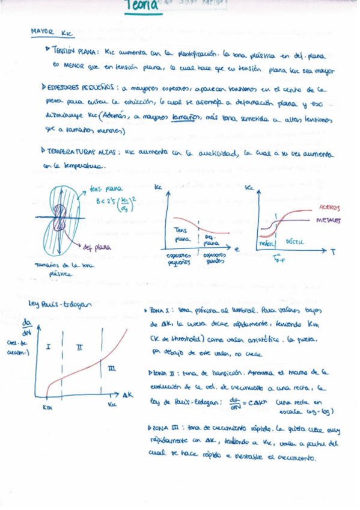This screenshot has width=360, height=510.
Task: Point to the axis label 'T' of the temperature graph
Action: point(332,253)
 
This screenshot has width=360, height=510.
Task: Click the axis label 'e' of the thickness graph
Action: point(236,247)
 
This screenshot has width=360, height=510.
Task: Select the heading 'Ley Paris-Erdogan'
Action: point(58,303)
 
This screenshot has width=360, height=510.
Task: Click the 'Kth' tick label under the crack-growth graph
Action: point(47,406)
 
